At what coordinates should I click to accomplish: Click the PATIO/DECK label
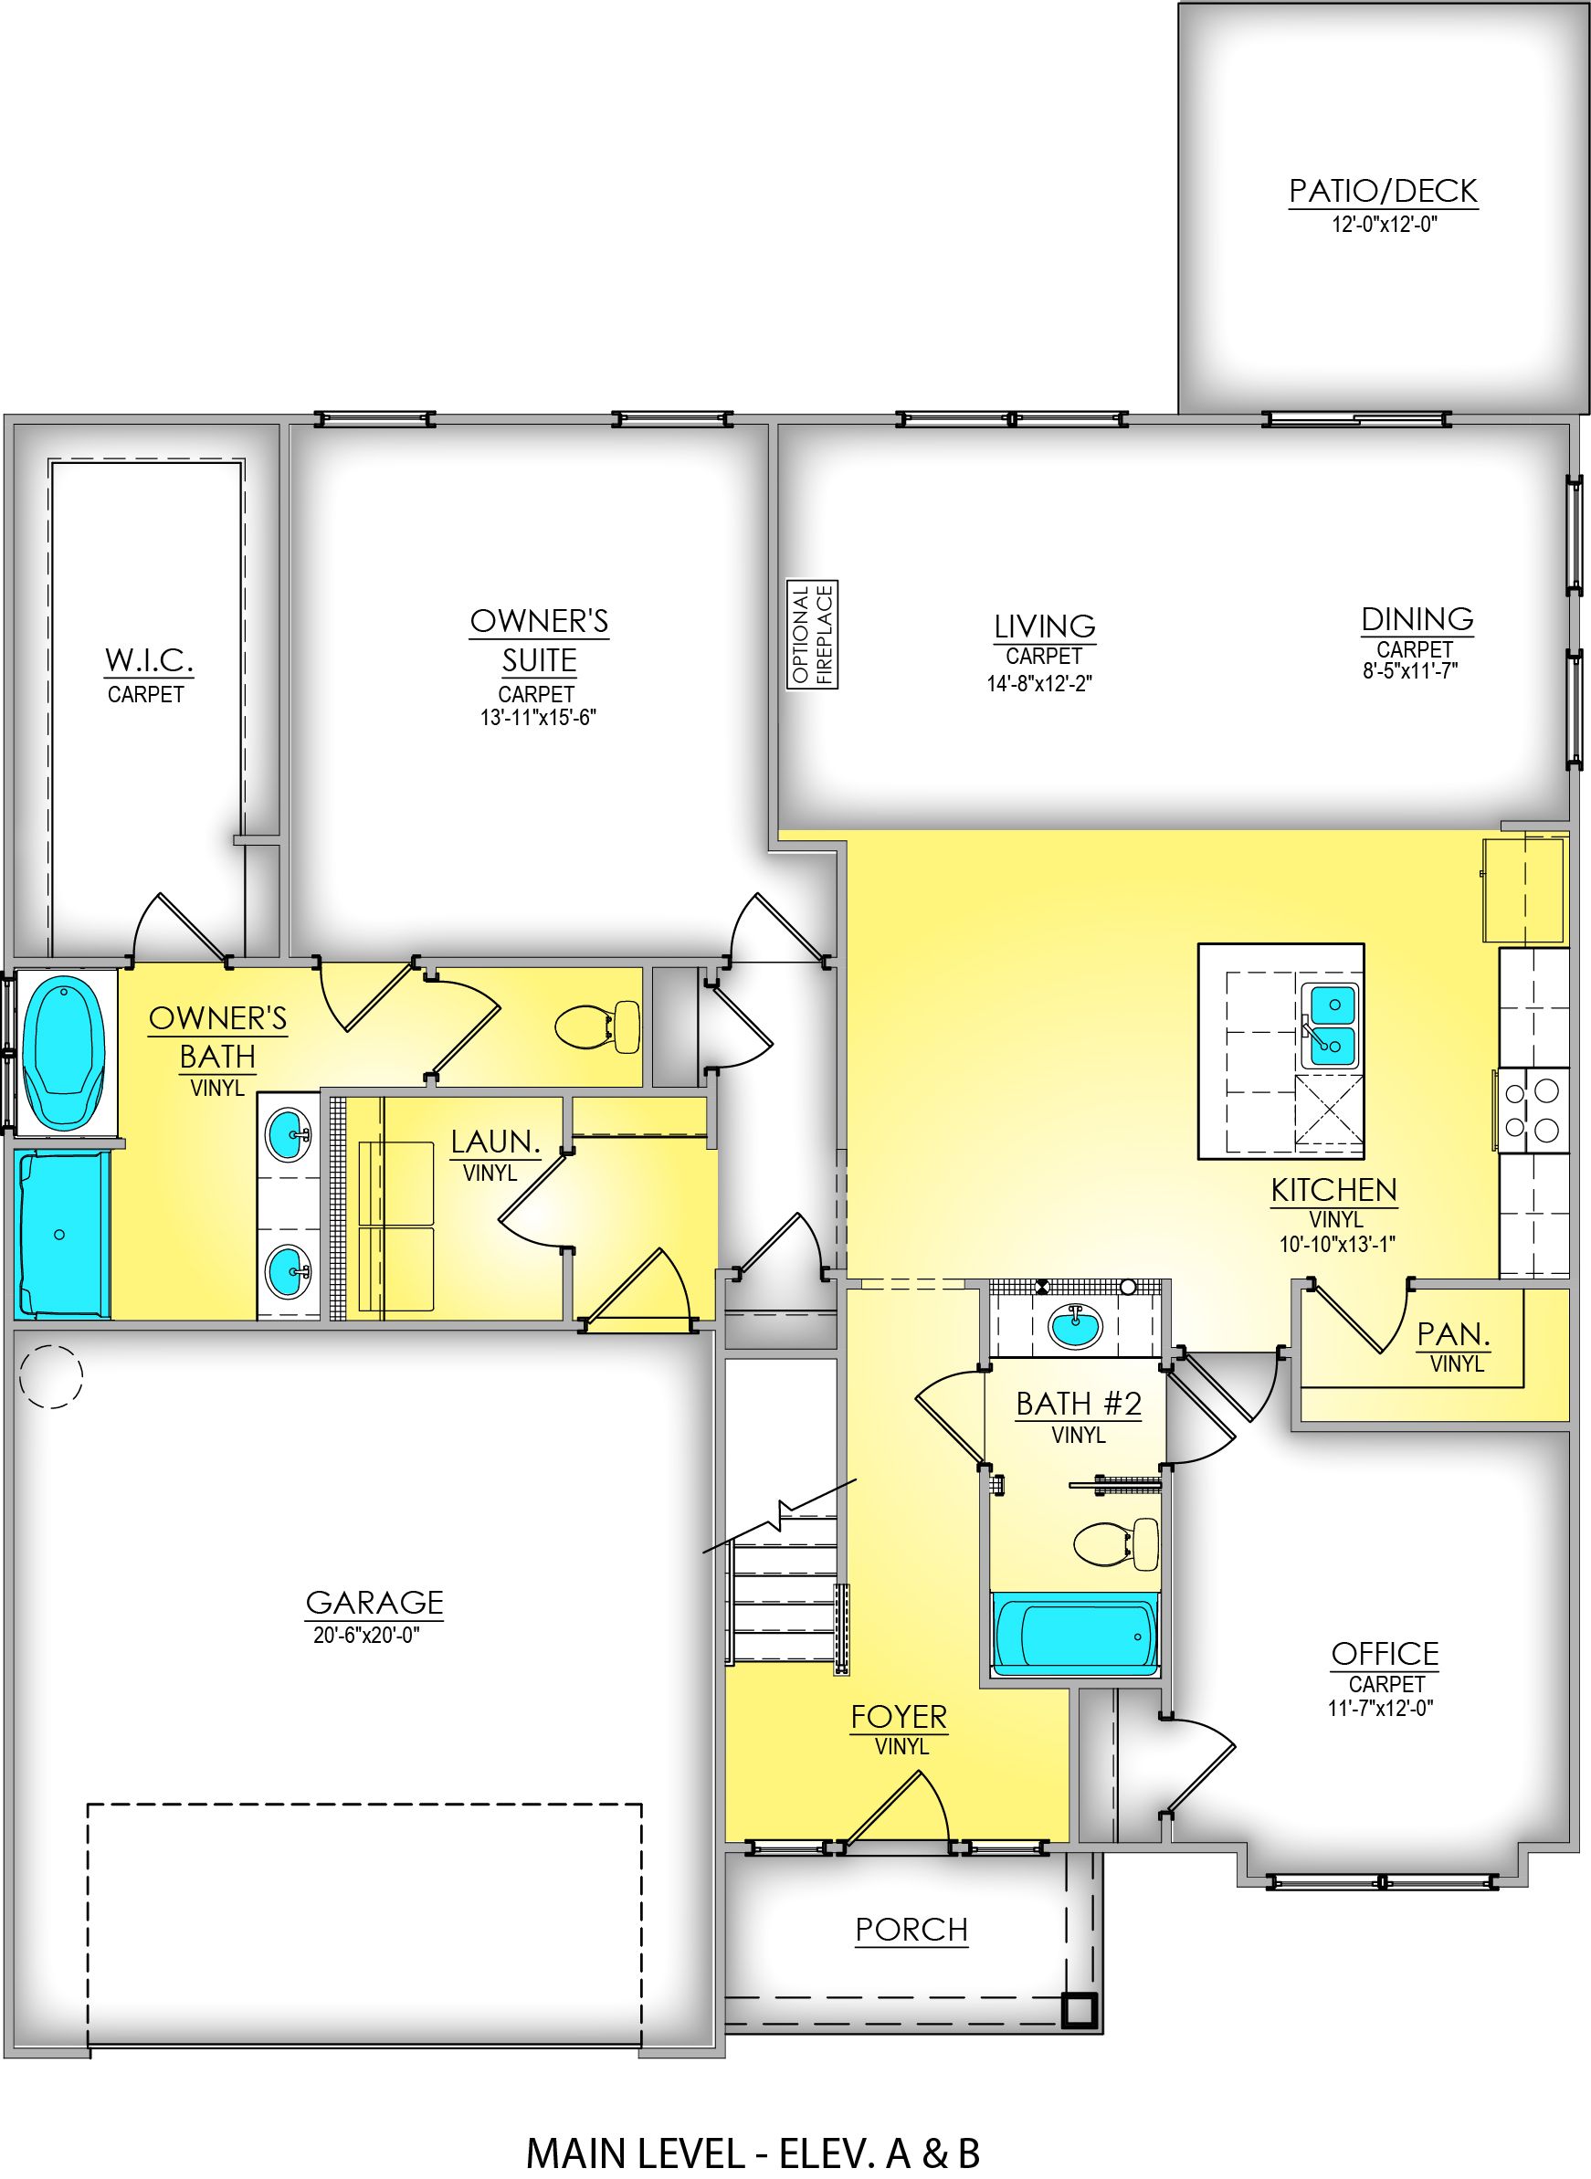1383,191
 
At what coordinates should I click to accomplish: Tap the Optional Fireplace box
813,634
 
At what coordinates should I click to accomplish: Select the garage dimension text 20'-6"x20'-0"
366,1635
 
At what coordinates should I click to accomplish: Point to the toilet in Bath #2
1117,1544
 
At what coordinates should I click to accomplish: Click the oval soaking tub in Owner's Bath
64,1050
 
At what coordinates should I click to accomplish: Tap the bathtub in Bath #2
1075,1635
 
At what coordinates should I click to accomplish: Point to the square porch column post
1079,2008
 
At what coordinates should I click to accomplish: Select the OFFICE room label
1385,1654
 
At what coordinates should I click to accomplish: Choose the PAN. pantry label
1453,1334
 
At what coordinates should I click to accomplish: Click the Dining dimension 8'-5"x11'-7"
1410,671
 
